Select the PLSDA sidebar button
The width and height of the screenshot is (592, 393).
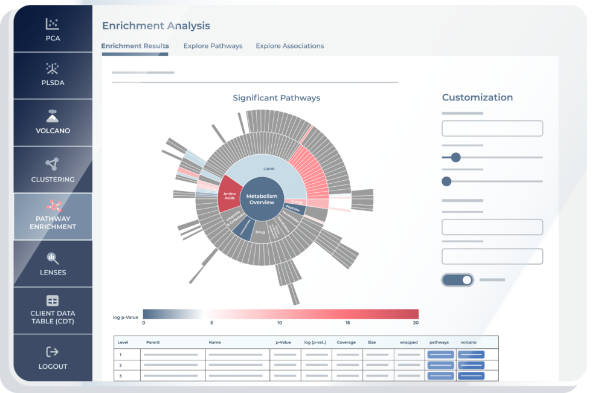click(x=53, y=76)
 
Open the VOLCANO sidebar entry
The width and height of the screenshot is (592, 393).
click(x=53, y=122)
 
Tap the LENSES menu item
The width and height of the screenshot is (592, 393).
click(x=53, y=264)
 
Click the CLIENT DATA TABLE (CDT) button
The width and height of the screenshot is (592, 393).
click(x=53, y=310)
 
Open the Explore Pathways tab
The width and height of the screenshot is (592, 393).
click(x=213, y=46)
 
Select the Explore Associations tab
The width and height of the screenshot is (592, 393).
click(x=289, y=46)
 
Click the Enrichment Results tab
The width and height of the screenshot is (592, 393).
click(x=135, y=46)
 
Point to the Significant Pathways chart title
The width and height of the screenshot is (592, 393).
click(x=276, y=98)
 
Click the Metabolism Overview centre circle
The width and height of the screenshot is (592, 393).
click(x=262, y=199)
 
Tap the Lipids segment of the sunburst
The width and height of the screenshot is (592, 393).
click(x=269, y=168)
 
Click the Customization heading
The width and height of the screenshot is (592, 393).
click(x=477, y=97)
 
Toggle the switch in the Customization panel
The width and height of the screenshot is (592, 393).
click(x=458, y=280)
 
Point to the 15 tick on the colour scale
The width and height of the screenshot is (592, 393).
click(x=348, y=323)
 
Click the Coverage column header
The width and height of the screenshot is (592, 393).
click(x=346, y=342)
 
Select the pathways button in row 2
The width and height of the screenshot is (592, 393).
click(x=440, y=365)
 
